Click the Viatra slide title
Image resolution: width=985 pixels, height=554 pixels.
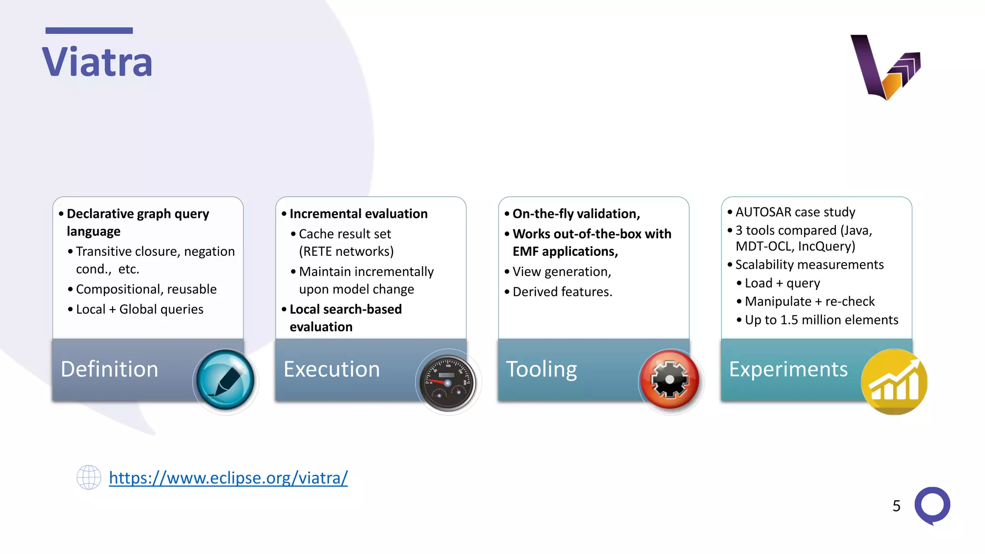coord(97,62)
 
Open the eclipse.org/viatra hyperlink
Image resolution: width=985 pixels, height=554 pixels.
coord(228,478)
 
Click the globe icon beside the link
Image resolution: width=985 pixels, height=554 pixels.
coord(89,478)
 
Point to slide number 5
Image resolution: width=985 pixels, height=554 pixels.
coord(896,506)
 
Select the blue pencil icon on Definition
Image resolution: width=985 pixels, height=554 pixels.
coord(225,380)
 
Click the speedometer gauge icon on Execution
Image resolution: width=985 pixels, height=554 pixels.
coord(448,382)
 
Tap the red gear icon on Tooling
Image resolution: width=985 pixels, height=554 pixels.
coord(670,379)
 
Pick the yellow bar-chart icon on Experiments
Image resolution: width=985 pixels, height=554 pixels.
coord(894,381)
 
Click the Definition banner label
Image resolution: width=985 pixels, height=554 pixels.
coord(110,369)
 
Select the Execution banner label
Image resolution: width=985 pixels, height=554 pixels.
coord(332,369)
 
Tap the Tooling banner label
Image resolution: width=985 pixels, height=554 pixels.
coord(542,369)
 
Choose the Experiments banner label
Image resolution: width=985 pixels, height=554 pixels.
coord(788,369)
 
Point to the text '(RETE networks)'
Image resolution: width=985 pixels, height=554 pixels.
coord(346,252)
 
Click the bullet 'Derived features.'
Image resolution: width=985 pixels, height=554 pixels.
coord(562,292)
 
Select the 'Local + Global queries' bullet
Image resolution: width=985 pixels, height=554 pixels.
coord(139,309)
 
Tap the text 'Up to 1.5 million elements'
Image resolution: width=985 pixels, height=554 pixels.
coord(821,320)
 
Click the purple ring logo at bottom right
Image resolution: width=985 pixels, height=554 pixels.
coord(932,505)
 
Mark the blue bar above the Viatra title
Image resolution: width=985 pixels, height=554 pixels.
coord(89,31)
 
